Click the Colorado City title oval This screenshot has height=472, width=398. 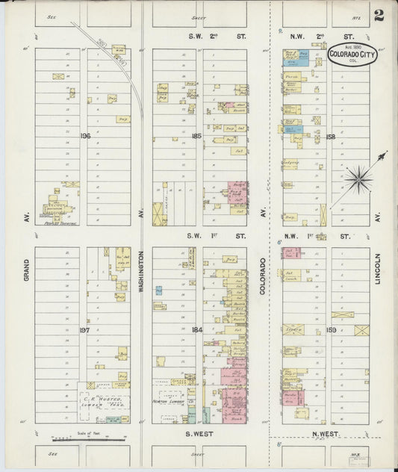pos(352,55)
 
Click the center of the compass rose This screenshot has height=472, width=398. pos(359,178)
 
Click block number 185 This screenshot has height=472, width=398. pos(196,136)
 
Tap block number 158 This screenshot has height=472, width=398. pos(331,137)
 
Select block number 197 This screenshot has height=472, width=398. pos(84,329)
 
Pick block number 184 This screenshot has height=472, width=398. pos(196,329)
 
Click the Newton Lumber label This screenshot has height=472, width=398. pos(170,400)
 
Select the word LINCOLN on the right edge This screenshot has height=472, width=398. pos(379,267)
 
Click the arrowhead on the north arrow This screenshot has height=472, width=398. pos(385,154)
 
